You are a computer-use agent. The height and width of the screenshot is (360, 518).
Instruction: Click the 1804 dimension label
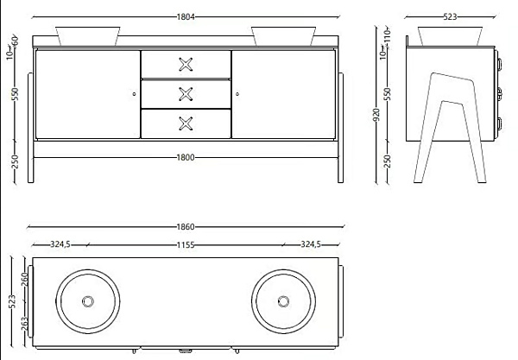[x=186, y=17]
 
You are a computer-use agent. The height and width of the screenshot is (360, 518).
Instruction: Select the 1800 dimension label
[x=186, y=157]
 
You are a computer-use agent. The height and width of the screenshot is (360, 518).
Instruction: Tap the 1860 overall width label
[x=186, y=227]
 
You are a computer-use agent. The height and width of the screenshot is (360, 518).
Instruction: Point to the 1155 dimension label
[x=186, y=245]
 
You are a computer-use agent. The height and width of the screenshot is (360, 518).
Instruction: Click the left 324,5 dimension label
[x=60, y=244]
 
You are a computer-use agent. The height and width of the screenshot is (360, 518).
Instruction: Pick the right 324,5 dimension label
[x=311, y=244]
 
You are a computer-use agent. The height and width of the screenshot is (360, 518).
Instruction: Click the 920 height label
[x=376, y=114]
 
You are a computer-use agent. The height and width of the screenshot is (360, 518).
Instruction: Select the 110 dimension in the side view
[x=387, y=35]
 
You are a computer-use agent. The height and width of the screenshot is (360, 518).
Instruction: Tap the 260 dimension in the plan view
[x=25, y=280]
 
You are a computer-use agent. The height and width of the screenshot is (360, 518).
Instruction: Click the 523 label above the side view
[x=450, y=16]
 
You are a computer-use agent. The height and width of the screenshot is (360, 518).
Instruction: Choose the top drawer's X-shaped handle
[x=186, y=65]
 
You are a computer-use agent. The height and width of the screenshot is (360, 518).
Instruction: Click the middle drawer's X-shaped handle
[x=186, y=94]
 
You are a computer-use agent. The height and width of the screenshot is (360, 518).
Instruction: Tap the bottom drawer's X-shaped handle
[x=186, y=123]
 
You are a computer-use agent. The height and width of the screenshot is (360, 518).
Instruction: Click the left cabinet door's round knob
[x=134, y=94]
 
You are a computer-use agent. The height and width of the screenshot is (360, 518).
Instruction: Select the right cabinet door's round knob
[x=237, y=94]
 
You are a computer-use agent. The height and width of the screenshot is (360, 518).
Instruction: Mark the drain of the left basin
[x=88, y=301]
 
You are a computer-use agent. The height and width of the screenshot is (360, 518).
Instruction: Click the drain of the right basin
[x=283, y=301]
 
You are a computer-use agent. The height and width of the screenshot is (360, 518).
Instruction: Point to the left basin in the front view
[x=88, y=36]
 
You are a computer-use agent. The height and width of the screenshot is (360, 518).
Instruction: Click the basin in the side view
[x=450, y=36]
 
